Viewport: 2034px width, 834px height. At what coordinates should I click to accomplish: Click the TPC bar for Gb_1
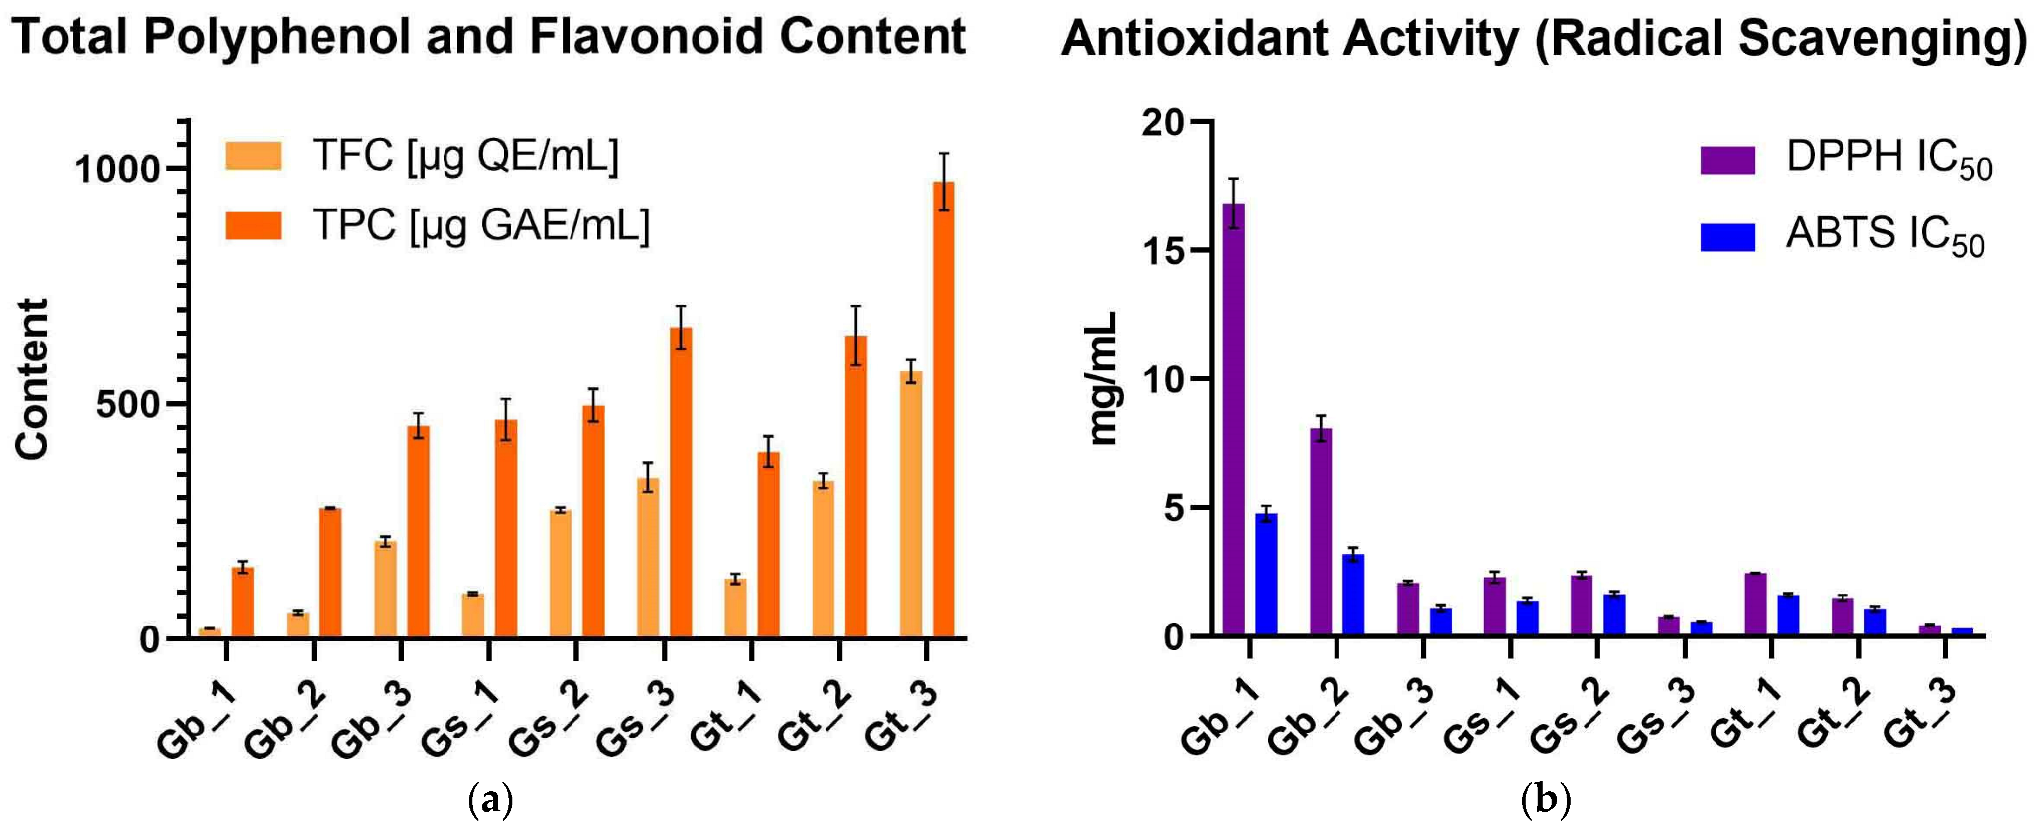click(243, 602)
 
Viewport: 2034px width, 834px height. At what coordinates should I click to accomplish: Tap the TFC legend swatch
click(253, 156)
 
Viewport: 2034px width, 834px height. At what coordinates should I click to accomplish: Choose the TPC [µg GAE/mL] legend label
click(481, 226)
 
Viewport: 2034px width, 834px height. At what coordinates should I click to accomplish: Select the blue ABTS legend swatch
click(1727, 237)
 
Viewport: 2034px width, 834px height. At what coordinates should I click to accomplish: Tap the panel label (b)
click(1545, 799)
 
